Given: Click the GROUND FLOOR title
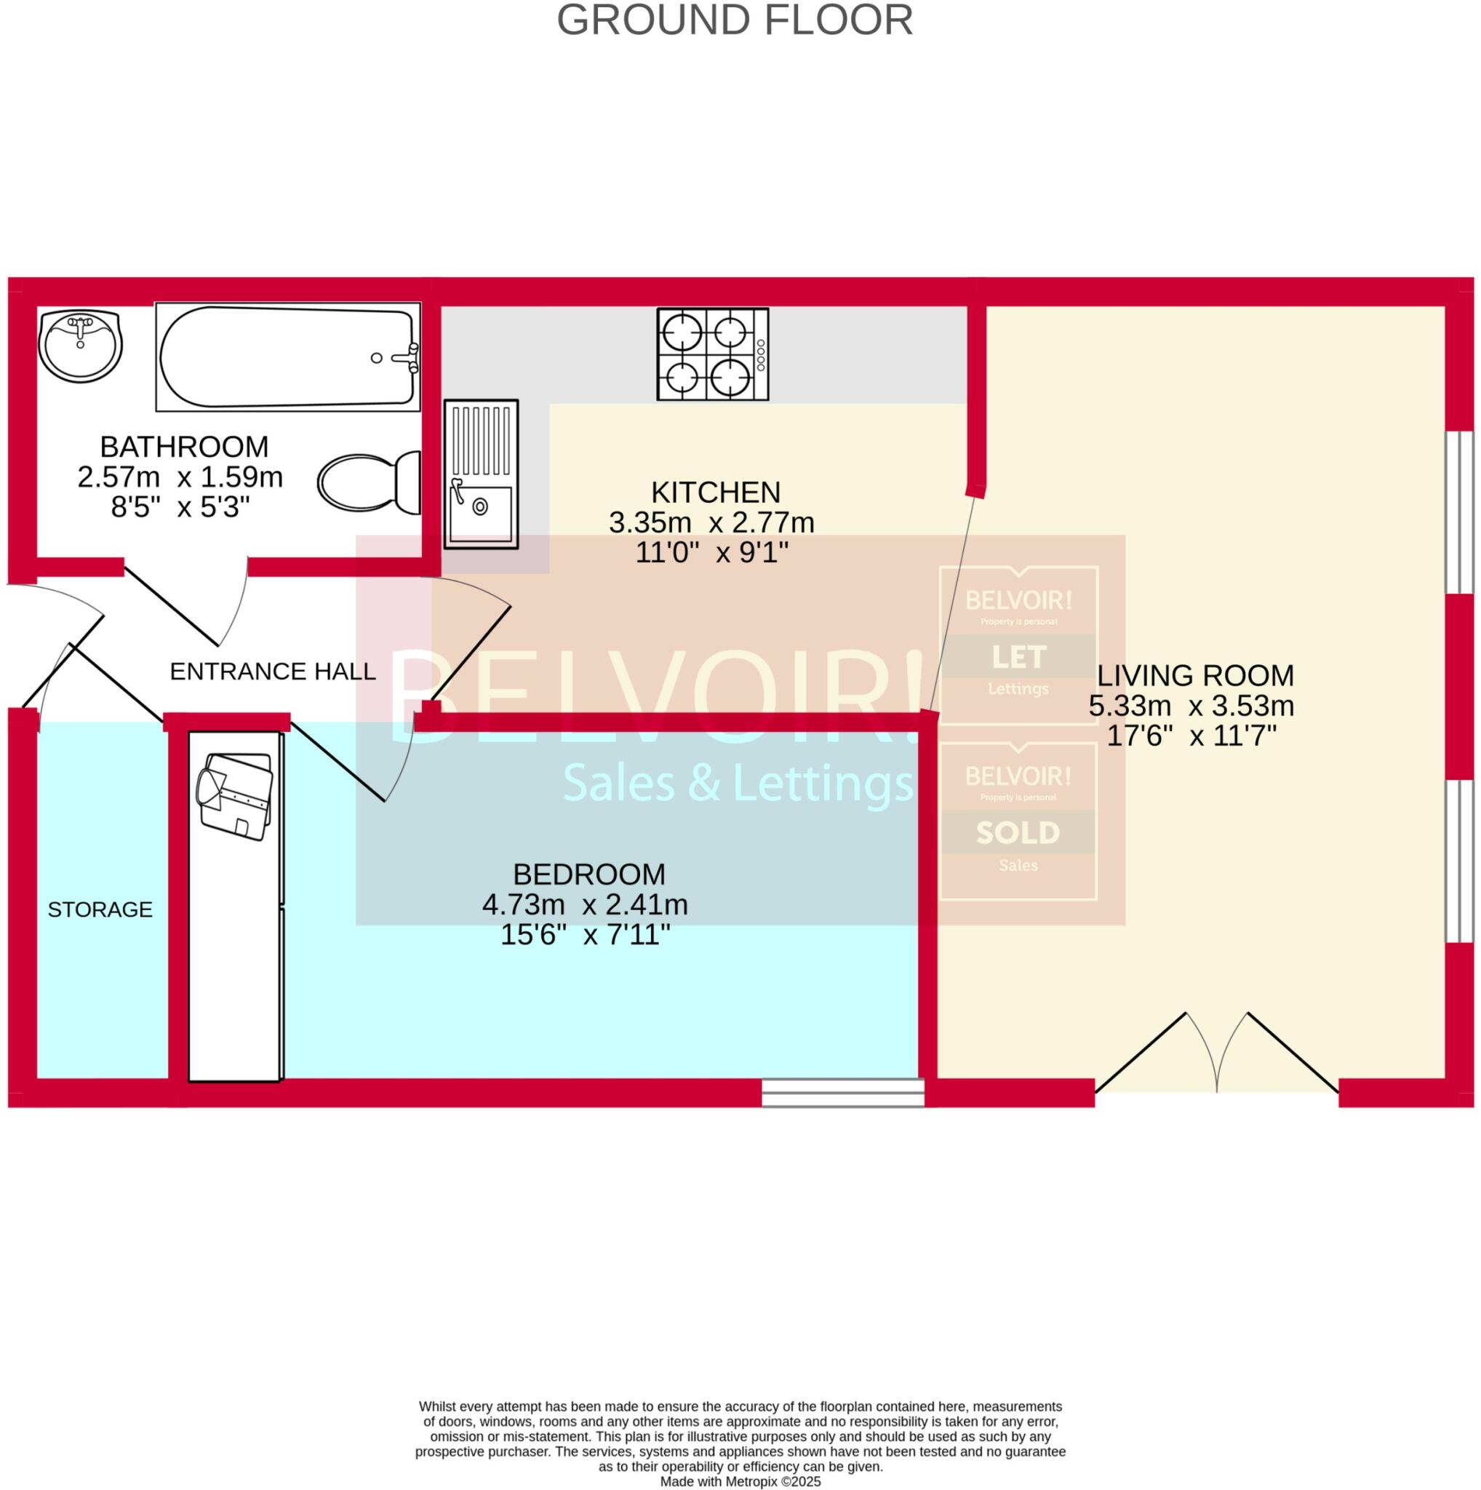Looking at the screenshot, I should coord(734,21).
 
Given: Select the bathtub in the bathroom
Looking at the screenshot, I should coord(288,357).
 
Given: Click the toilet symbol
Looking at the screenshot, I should coord(370,484).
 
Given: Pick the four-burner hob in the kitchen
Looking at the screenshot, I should coord(712,354).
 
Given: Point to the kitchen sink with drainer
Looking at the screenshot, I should coord(480,474).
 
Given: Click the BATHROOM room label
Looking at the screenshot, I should coord(184,447).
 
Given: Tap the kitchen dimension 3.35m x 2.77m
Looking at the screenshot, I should coord(711,523).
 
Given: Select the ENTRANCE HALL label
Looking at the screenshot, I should coord(272,672).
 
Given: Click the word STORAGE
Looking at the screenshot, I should coord(100,910).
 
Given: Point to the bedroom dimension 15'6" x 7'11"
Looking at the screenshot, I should coord(585,936).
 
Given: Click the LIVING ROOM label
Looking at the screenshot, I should coord(1195,676).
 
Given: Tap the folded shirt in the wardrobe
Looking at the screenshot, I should coord(235,796).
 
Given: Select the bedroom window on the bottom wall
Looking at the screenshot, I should coord(842,1093).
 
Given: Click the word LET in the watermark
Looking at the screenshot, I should coord(1018,657).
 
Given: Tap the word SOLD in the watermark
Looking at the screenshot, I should coord(1018,833).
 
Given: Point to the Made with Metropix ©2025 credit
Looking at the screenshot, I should coord(740,1481).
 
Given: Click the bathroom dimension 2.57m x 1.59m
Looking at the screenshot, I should coord(180,477).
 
